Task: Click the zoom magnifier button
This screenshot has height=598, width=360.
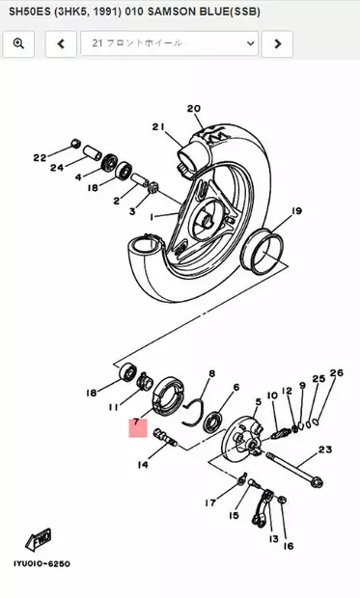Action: [19, 43]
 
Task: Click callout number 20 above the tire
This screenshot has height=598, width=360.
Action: [192, 109]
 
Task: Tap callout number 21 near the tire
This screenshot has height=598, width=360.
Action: [158, 126]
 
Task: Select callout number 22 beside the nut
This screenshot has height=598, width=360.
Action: [40, 157]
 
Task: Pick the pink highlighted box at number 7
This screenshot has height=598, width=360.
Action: [138, 425]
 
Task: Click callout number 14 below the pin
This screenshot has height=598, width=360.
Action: [143, 465]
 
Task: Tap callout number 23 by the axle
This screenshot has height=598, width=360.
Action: [324, 449]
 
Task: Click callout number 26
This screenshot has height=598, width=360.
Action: [336, 373]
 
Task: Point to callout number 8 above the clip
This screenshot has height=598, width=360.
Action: [212, 373]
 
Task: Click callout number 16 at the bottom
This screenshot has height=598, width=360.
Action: [288, 545]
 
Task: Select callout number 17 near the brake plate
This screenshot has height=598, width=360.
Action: [209, 503]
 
